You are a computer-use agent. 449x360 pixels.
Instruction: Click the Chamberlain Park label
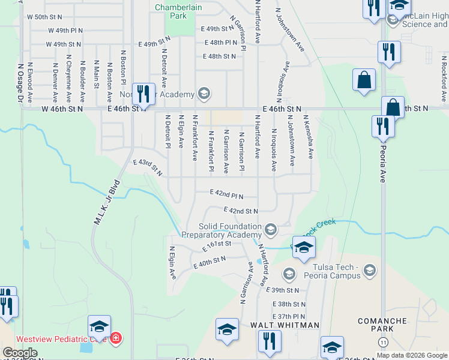pyautogui.click(x=179, y=11)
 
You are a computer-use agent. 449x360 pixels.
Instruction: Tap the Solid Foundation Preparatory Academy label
pyautogui.click(x=223, y=230)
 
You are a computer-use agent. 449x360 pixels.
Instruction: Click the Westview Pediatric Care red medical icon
pyautogui.click(x=116, y=338)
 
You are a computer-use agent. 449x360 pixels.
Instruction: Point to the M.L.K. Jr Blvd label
pyautogui.click(x=106, y=201)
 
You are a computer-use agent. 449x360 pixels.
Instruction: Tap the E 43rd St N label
pyautogui.click(x=148, y=167)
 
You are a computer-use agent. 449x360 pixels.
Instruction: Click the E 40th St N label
pyautogui.click(x=209, y=262)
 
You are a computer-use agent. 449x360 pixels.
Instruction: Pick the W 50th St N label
pyautogui.click(x=44, y=17)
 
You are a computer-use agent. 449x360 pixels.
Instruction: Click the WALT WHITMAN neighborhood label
pyautogui.click(x=277, y=325)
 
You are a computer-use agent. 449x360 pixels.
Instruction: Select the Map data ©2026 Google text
pyautogui.click(x=412, y=355)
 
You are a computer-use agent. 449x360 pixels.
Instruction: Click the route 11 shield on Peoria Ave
pyautogui.click(x=383, y=341)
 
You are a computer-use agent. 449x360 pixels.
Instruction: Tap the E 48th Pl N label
pyautogui.click(x=221, y=43)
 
